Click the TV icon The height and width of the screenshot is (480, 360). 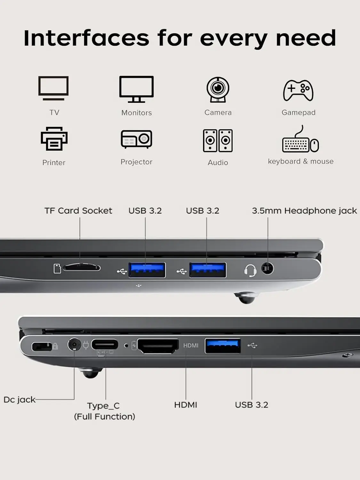click(x=53, y=88)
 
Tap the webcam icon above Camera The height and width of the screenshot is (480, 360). click(x=218, y=89)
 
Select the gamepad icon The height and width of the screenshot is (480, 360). click(x=298, y=90)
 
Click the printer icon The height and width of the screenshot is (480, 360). click(x=54, y=139)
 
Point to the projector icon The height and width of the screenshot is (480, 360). click(x=136, y=139)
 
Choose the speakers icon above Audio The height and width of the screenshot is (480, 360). click(x=218, y=140)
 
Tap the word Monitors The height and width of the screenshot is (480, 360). click(x=137, y=113)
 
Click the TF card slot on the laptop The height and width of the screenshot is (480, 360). click(x=82, y=268)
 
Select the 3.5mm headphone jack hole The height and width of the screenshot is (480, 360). click(x=268, y=268)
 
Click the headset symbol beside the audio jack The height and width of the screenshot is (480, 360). click(x=250, y=270)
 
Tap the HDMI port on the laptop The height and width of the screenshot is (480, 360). click(x=158, y=346)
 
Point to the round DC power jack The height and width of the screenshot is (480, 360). click(x=74, y=345)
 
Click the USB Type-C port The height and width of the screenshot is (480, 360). click(x=105, y=345)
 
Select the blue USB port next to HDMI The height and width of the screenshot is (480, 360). click(x=223, y=345)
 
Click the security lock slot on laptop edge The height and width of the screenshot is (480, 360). click(x=42, y=347)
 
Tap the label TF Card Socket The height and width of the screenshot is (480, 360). click(x=78, y=211)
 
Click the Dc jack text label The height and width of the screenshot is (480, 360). click(x=20, y=399)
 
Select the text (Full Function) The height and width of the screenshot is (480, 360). click(x=105, y=416)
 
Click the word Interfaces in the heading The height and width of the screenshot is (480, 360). click(x=86, y=38)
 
